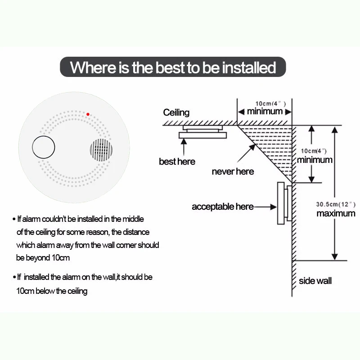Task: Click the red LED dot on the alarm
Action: click(88, 114)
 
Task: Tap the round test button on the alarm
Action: click(43, 147)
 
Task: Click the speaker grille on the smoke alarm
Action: click(101, 150)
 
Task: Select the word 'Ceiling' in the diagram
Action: click(176, 112)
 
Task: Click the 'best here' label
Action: click(177, 161)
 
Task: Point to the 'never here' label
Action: click(233, 171)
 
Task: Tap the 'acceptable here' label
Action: click(223, 207)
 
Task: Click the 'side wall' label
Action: click(315, 281)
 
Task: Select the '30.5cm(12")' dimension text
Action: click(336, 204)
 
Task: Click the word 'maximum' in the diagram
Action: click(336, 213)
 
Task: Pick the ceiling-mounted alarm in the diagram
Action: click(202, 132)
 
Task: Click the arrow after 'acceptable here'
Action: click(265, 207)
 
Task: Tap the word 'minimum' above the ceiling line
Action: click(265, 111)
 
